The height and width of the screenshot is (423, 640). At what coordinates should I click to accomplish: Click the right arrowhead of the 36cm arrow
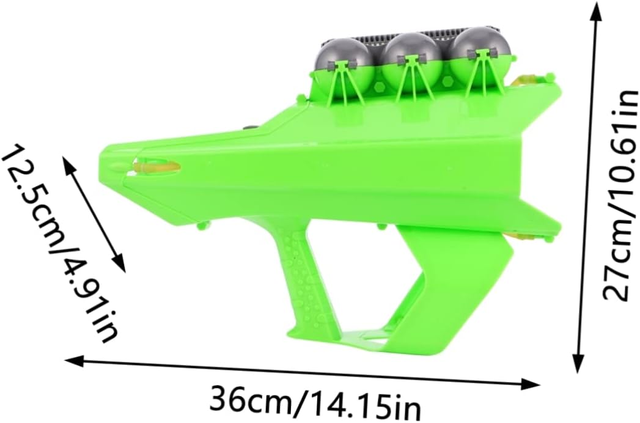[530, 383]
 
